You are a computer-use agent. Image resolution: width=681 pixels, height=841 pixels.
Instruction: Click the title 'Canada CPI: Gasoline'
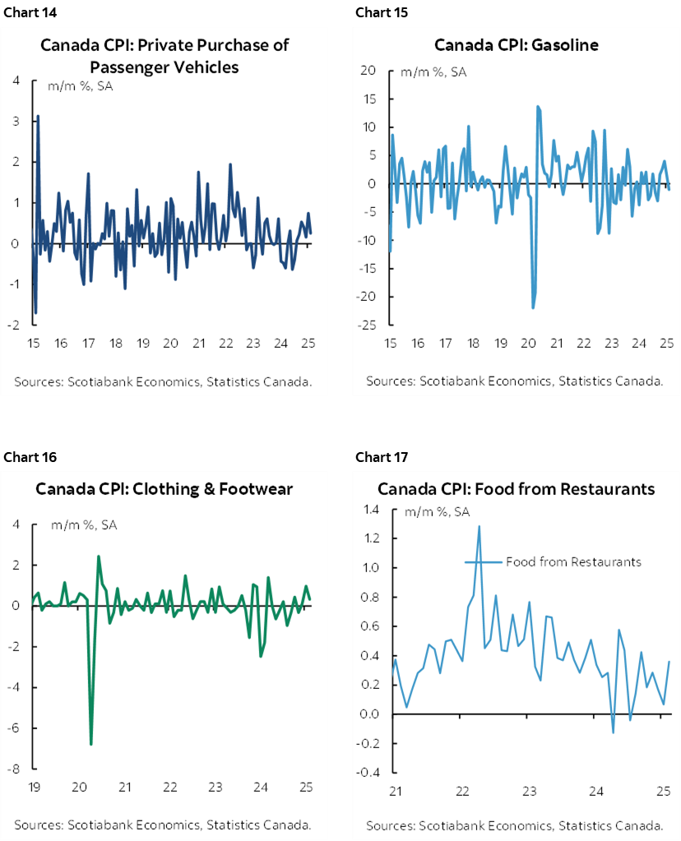point(516,44)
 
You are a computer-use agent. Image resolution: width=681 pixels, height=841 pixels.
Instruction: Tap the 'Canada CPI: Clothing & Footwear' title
point(164,489)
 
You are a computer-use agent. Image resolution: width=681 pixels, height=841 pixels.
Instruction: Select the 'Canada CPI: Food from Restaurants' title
point(516,489)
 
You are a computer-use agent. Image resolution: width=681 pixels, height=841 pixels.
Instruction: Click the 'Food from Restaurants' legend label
point(572,562)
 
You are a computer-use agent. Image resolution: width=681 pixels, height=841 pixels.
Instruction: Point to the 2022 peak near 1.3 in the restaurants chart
point(479,526)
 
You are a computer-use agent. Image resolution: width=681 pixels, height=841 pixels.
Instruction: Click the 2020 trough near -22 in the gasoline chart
point(532,307)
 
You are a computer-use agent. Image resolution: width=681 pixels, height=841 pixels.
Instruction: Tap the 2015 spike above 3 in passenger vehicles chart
point(38,117)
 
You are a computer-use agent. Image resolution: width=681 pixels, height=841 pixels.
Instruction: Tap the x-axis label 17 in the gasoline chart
point(446,344)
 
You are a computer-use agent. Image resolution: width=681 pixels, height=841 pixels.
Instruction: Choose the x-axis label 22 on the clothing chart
point(170,788)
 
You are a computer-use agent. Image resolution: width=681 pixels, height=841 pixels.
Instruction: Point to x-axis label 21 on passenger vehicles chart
point(198,344)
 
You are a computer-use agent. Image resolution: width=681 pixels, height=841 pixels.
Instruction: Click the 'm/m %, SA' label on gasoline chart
point(433,72)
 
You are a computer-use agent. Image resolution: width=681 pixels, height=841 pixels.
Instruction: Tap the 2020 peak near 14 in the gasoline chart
point(537,106)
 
